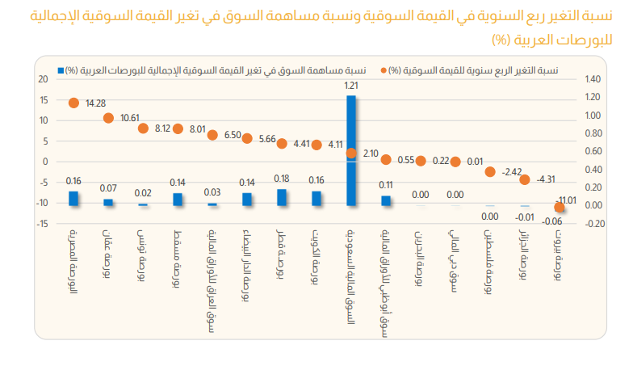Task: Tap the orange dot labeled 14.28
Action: [x=73, y=103]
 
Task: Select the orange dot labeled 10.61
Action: [x=108, y=118]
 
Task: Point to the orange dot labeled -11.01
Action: [x=560, y=207]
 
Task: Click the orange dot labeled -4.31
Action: [x=525, y=179]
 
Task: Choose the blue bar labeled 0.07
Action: [x=108, y=203]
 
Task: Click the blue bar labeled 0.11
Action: [x=386, y=201]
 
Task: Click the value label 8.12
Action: [x=163, y=128]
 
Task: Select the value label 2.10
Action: [x=371, y=154]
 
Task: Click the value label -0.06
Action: [x=552, y=221]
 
